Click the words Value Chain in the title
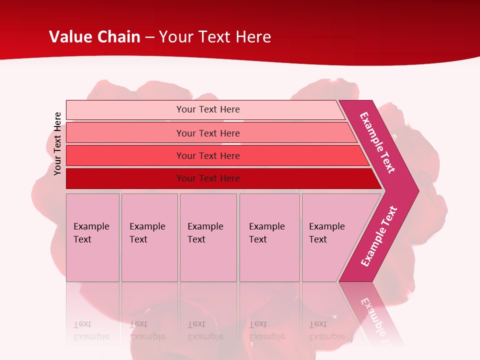[94, 37]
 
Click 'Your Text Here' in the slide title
[215, 37]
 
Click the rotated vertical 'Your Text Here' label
[57, 143]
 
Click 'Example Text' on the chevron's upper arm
[377, 142]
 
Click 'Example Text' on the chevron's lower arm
[379, 236]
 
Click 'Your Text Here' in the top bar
[208, 109]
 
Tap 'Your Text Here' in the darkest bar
[208, 178]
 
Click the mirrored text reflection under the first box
[91, 330]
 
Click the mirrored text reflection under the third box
[205, 330]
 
